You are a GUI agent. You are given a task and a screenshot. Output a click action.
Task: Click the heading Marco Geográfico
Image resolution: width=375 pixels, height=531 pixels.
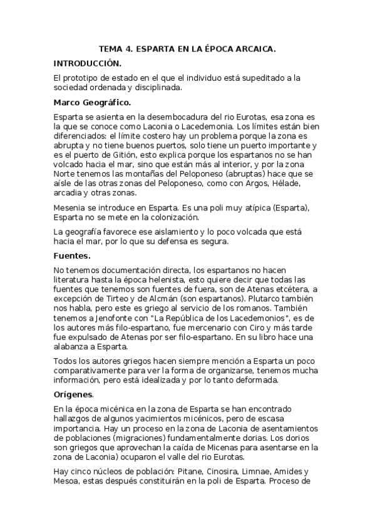(x=93, y=101)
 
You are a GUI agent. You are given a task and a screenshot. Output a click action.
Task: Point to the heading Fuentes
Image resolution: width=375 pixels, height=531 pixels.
(x=73, y=238)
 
